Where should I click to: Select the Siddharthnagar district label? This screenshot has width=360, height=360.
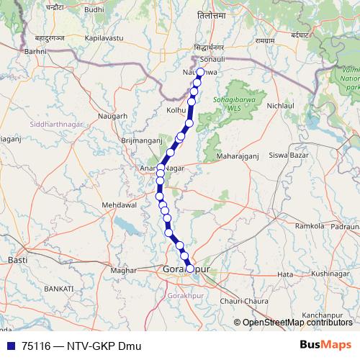58,125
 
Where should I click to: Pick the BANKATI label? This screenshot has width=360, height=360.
59,288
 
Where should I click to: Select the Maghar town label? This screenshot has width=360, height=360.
124,270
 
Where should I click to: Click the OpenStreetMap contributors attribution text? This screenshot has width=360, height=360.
297,323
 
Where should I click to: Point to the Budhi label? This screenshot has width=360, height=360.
94,9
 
